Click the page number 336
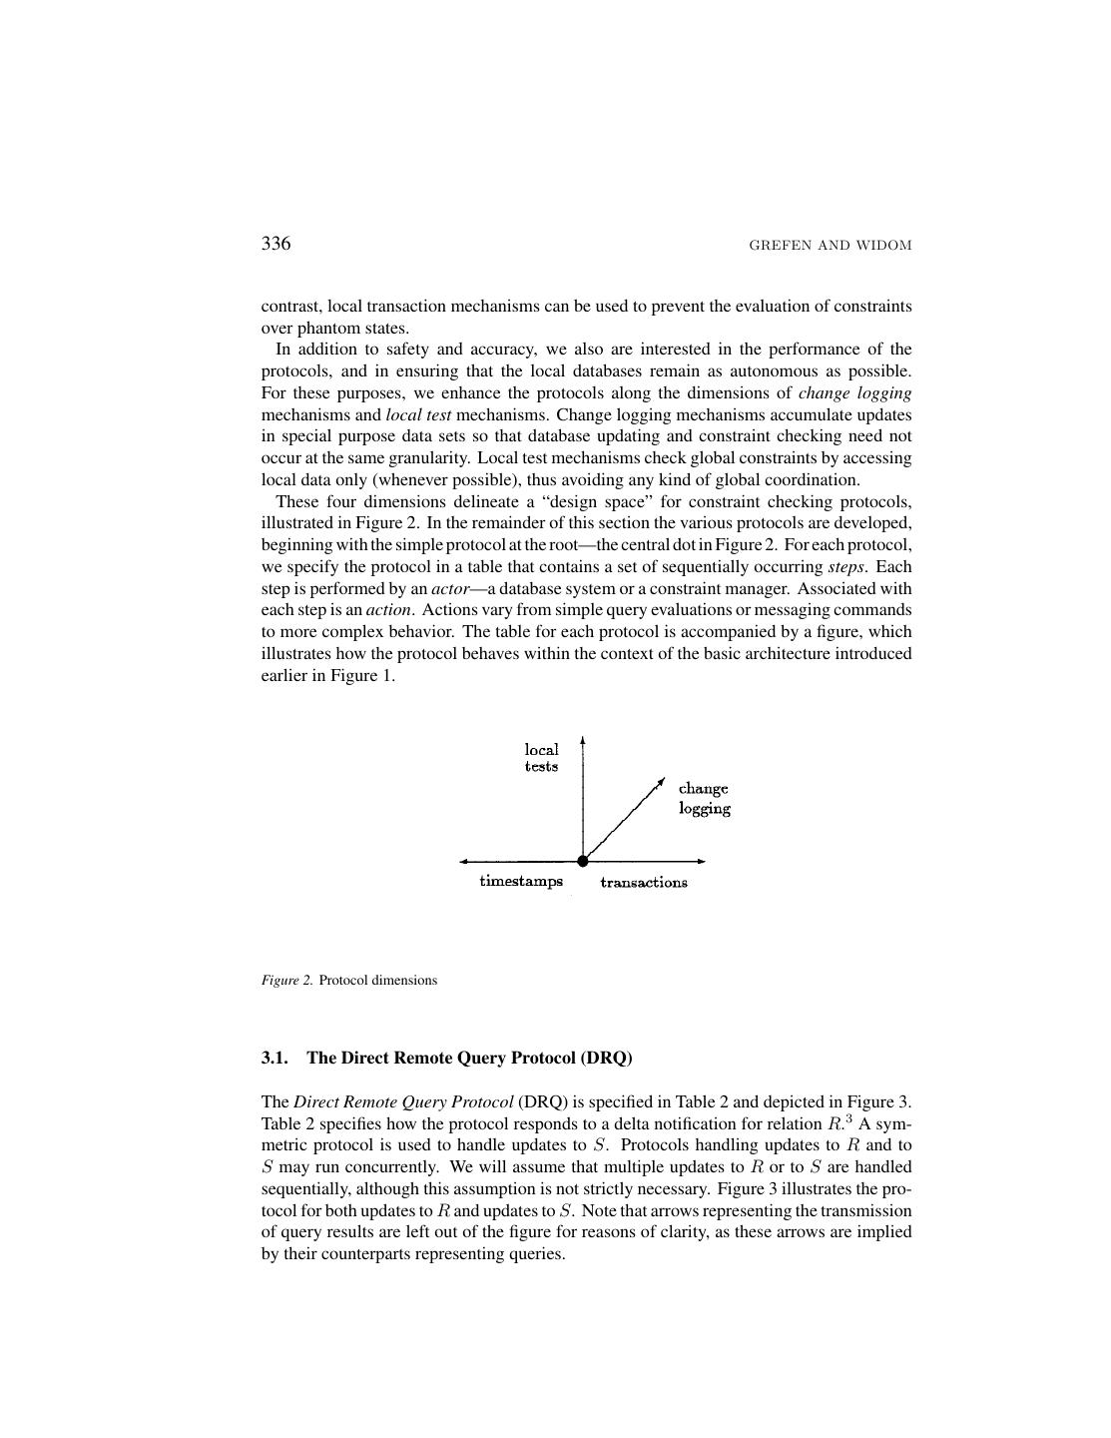[276, 244]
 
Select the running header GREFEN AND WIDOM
[830, 246]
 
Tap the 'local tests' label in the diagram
[542, 757]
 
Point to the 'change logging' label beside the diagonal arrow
[705, 798]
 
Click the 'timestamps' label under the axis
[521, 881]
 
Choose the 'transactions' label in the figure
[644, 882]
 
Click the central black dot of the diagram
[583, 861]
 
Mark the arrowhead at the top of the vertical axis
[582, 741]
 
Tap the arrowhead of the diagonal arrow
[661, 780]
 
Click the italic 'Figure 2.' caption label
[287, 980]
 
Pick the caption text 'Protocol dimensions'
[378, 980]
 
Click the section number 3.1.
[275, 1058]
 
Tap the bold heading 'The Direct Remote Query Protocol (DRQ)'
[469, 1058]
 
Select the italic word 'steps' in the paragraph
[845, 566]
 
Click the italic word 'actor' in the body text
[449, 588]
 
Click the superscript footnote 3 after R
[848, 1118]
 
